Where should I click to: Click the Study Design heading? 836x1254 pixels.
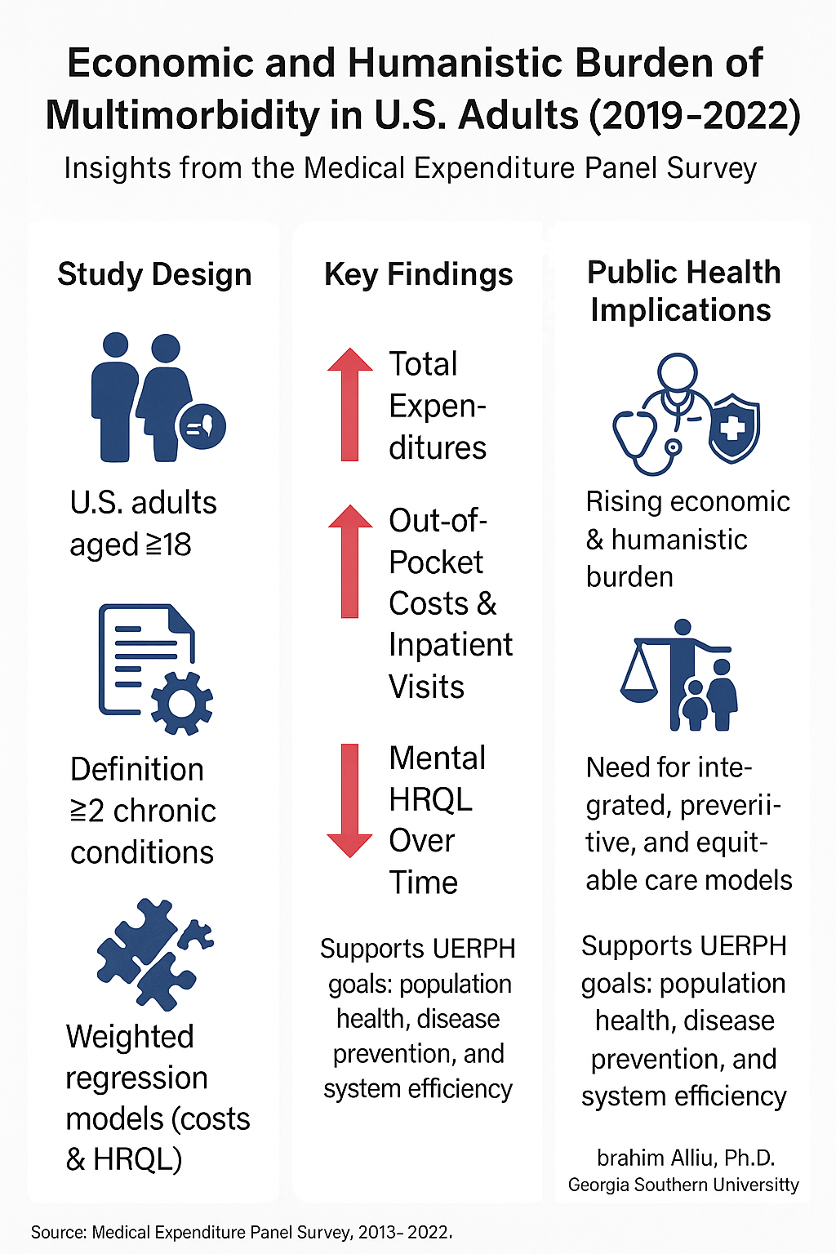coord(154,274)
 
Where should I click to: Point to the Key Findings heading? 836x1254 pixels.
coord(418,274)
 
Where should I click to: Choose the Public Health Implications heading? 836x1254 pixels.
coord(683,291)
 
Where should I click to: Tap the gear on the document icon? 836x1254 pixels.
coord(182,701)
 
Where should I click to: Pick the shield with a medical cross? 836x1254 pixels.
coord(734,427)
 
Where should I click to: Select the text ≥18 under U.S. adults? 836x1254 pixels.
coord(167,545)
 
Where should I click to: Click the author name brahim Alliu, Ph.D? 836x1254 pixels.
coord(686,1158)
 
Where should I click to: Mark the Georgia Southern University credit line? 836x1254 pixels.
coord(683,1185)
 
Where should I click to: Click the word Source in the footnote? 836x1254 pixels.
coord(58,1232)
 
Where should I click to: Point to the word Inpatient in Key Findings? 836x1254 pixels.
coord(450,645)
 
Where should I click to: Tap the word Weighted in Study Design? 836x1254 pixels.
coord(130,1037)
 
